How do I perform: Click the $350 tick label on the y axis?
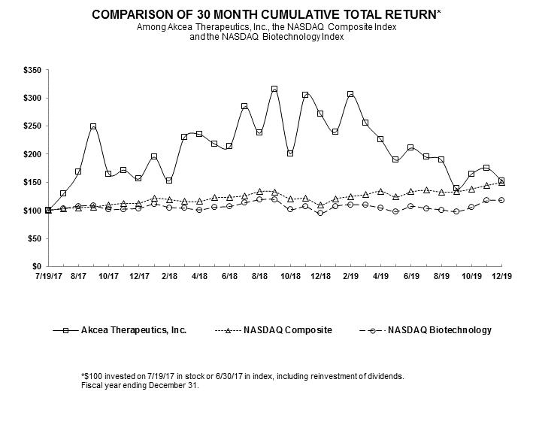tap(32, 70)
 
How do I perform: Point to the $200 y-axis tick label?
tap(32, 154)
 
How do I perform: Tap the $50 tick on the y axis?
tap(35, 238)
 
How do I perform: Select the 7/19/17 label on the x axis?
tap(48, 277)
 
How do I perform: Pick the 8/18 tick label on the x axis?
tap(259, 277)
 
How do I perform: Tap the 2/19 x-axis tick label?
tap(350, 277)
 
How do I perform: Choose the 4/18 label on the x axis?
tap(199, 277)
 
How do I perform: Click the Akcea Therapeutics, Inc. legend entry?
tap(134, 329)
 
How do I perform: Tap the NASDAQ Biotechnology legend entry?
tap(439, 329)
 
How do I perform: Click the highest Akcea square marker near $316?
tap(274, 89)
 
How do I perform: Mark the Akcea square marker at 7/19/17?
tap(48, 211)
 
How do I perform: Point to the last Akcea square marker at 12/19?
tap(501, 181)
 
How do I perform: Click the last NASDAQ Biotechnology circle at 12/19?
tap(501, 200)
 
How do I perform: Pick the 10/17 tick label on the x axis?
tap(108, 277)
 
